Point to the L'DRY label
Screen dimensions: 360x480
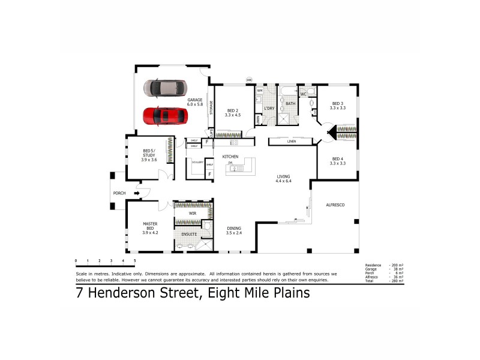click(x=269, y=108)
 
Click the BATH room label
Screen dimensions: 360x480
click(x=290, y=104)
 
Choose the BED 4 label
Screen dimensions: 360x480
click(x=338, y=161)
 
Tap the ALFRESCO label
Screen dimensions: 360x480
click(x=334, y=205)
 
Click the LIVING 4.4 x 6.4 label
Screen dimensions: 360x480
click(x=283, y=179)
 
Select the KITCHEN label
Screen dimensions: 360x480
click(x=230, y=157)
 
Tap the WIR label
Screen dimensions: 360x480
click(x=193, y=213)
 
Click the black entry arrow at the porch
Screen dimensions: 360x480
click(x=137, y=193)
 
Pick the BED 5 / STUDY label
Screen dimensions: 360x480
click(x=149, y=154)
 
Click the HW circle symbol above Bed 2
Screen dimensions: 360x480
click(x=248, y=79)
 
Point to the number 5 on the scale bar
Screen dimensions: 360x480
click(x=135, y=260)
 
